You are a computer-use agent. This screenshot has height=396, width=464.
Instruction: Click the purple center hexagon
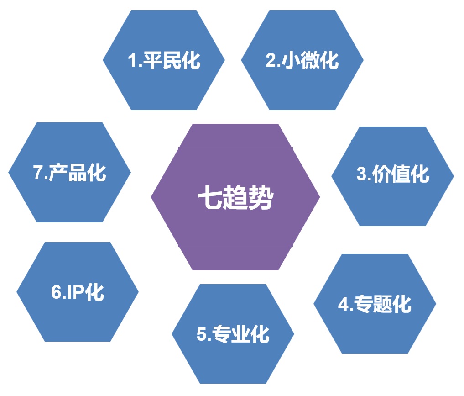point(235,197)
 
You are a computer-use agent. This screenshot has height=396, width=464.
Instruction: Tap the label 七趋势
point(235,197)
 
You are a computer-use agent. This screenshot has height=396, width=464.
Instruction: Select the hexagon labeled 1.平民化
point(164,60)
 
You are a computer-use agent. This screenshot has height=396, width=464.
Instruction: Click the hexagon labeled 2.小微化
point(302,60)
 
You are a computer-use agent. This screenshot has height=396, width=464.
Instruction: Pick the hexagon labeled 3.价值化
point(392,176)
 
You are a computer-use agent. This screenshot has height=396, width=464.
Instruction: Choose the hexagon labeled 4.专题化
point(375,304)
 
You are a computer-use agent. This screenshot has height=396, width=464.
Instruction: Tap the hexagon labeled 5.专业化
point(233,334)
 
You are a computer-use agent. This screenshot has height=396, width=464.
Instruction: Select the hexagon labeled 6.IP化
point(78,292)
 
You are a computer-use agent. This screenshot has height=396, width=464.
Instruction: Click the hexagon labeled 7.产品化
point(69,172)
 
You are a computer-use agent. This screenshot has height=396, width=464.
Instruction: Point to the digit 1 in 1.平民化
point(132,60)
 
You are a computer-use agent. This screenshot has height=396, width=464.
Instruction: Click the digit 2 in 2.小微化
point(271,60)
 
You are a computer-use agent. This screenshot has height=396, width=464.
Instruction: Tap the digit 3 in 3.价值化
point(361,174)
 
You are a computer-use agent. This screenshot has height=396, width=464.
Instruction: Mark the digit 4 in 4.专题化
point(343,304)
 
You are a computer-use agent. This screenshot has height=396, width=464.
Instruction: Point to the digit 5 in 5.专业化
point(202,334)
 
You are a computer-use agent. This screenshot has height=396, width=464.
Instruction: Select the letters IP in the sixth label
point(74,292)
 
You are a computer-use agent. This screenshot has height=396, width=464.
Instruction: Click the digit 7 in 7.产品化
point(38,172)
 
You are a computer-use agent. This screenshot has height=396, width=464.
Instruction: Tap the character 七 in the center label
point(209,197)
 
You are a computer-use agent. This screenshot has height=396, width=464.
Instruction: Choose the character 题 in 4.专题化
point(382,304)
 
